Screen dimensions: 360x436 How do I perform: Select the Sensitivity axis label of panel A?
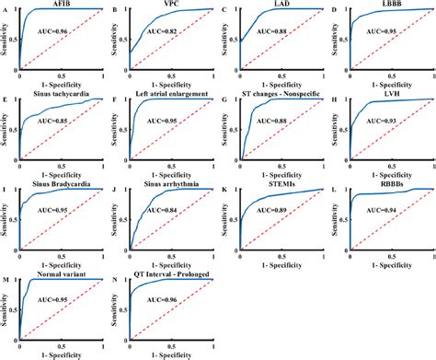tap(6, 42)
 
